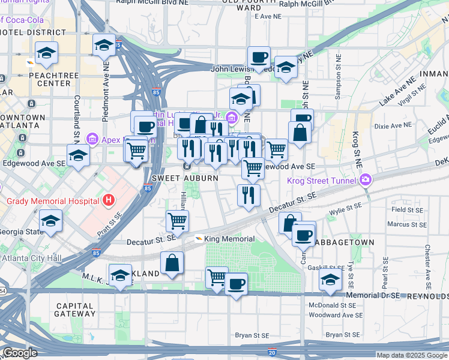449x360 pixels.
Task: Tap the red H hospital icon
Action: click(108, 199)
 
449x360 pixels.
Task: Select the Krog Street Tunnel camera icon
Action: click(366, 179)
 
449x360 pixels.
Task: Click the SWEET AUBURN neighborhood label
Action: click(175, 179)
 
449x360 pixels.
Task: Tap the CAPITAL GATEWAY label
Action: click(75, 310)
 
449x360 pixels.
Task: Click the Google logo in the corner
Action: click(20, 353)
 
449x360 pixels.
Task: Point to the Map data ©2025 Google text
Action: click(412, 355)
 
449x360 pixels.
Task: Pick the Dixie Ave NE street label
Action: click(393, 125)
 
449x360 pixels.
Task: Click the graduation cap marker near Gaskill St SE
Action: click(330, 280)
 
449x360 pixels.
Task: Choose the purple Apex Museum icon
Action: click(92, 139)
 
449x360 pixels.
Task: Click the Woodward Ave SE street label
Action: click(336, 315)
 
